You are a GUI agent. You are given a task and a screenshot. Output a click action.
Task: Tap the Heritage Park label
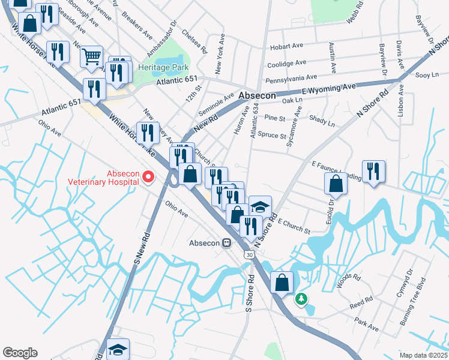coord(161,68)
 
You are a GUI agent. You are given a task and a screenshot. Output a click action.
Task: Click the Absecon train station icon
coord(226,243)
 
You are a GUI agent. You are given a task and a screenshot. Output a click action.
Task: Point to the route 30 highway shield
coord(249,254)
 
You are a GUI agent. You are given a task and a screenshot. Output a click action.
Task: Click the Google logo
coord(19,353)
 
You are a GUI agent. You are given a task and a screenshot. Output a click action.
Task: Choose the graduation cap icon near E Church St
coord(260,207)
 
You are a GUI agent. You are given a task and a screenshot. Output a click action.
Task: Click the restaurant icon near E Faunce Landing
coord(373,172)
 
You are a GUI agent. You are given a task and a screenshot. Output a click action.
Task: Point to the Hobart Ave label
coord(288,46)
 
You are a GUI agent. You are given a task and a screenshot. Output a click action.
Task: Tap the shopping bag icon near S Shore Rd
coord(282,283)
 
